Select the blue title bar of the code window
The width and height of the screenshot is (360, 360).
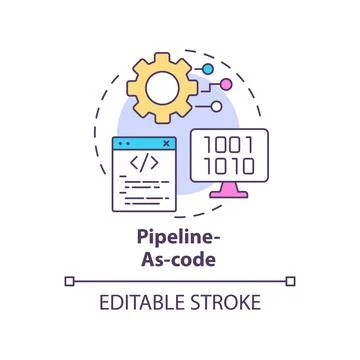tap(145, 143)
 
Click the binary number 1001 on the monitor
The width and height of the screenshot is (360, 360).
tap(230, 144)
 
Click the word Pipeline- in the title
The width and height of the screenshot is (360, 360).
tap(180, 239)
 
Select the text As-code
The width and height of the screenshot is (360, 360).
tap(180, 258)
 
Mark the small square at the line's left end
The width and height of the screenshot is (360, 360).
tap(68, 281)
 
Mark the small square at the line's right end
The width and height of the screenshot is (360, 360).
tap(291, 281)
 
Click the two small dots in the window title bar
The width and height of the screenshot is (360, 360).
tap(124, 143)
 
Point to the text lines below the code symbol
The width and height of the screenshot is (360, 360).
tap(140, 187)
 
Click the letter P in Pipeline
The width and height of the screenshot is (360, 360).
tap(142, 239)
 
